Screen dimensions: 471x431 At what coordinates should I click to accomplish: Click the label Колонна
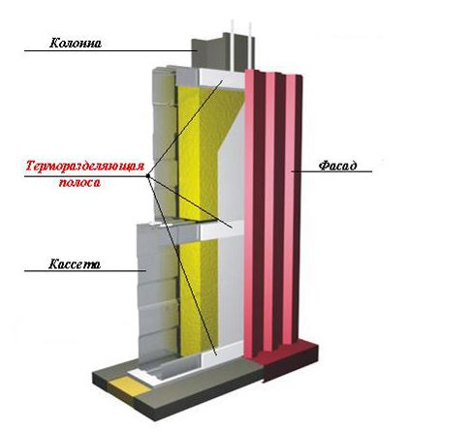(76, 43)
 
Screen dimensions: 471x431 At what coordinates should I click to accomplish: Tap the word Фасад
(338, 166)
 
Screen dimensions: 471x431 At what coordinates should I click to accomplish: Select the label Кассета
(75, 264)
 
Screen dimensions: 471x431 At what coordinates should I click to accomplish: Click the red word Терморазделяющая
(84, 167)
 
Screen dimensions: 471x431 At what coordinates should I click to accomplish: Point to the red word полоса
(79, 183)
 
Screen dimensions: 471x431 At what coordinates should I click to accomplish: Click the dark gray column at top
(223, 51)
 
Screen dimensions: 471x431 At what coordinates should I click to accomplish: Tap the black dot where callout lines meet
(147, 176)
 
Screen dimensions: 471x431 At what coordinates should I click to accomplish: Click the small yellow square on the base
(130, 386)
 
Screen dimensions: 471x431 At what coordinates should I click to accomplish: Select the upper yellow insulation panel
(206, 152)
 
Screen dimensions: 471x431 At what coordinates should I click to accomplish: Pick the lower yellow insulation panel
(198, 298)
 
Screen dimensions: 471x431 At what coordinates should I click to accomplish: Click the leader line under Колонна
(110, 50)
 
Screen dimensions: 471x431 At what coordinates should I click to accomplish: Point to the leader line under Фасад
(331, 171)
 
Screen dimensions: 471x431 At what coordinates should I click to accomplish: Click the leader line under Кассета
(85, 271)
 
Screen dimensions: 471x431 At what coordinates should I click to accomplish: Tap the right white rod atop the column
(249, 46)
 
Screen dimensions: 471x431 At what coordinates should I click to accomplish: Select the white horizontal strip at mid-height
(222, 231)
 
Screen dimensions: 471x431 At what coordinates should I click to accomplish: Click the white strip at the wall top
(222, 78)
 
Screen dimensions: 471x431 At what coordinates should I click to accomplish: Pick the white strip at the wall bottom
(222, 354)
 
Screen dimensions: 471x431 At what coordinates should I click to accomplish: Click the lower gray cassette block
(158, 291)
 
